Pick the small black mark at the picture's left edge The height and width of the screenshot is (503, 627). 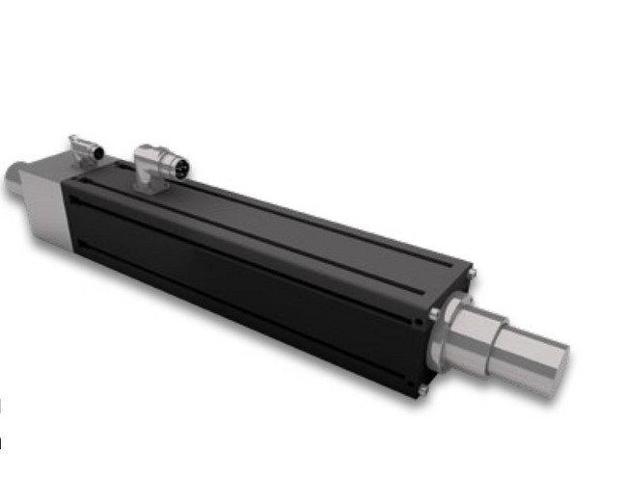point(2,443)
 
